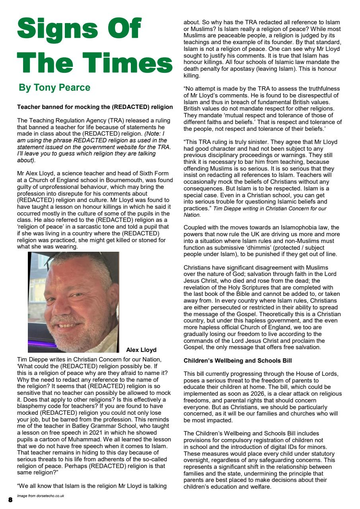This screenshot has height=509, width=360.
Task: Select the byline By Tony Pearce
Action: [54, 87]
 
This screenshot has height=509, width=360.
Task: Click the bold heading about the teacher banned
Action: [95, 107]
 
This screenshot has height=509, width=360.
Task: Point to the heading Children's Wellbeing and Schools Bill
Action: [238, 361]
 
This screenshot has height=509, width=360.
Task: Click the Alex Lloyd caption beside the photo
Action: [141, 350]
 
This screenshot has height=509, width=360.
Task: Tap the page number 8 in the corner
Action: [10, 499]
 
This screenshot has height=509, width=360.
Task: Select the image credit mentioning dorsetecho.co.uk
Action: [41, 496]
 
